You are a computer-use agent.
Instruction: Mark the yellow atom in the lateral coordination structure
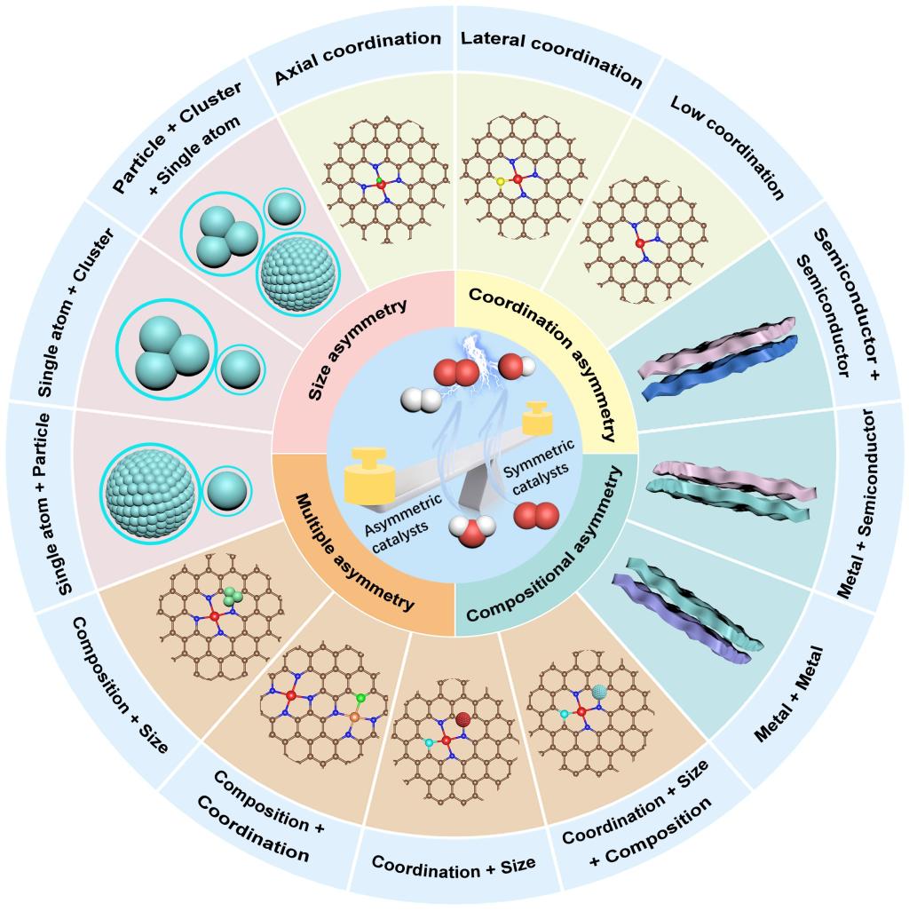(501, 182)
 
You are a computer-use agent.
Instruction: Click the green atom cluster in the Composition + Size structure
(233, 597)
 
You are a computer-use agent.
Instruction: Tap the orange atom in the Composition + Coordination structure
(352, 715)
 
